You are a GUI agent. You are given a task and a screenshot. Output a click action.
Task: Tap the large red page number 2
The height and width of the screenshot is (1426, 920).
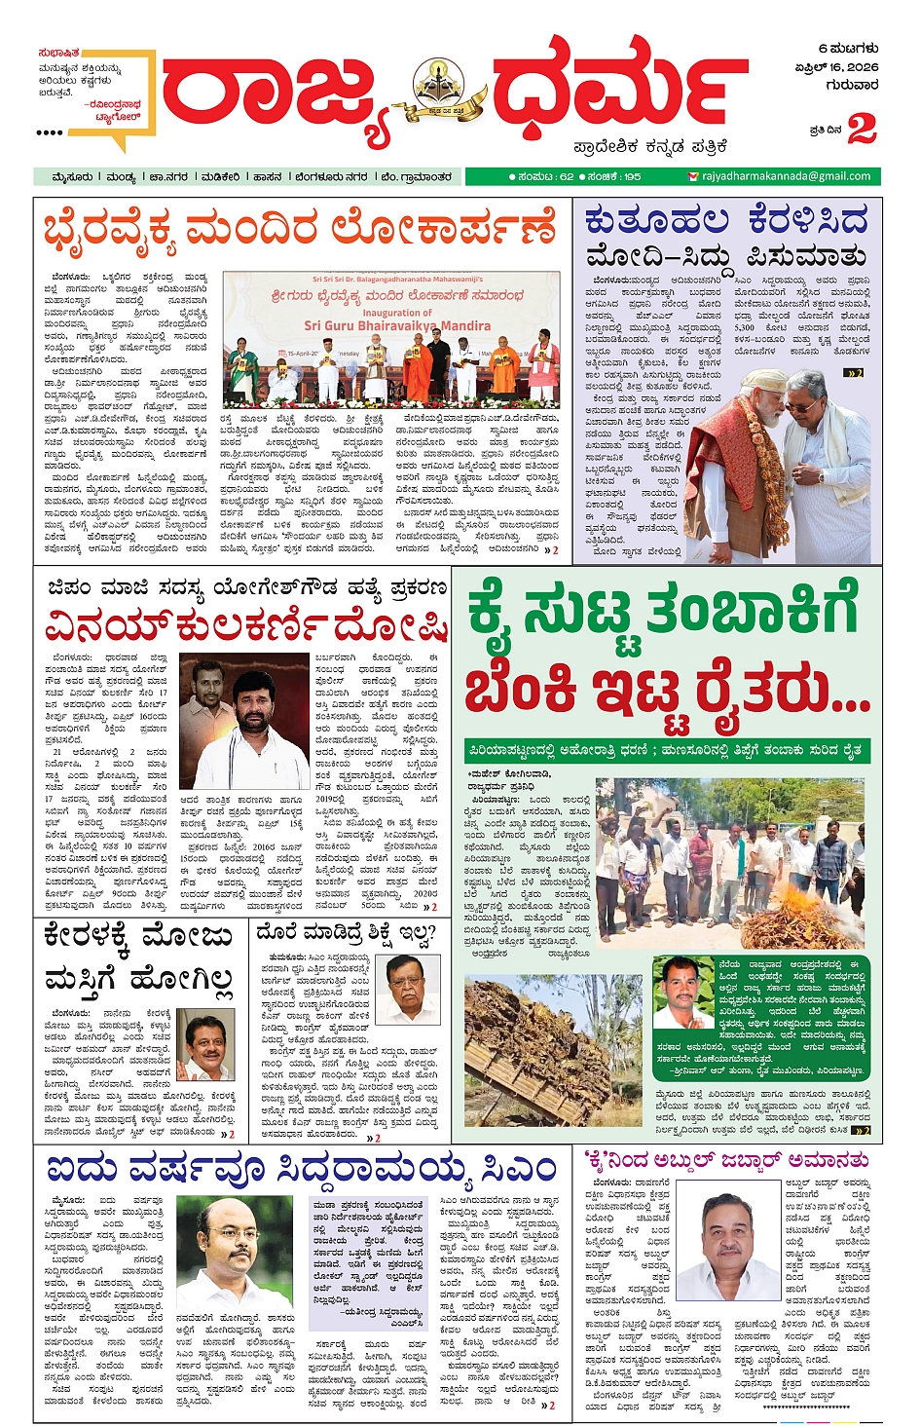click(x=862, y=129)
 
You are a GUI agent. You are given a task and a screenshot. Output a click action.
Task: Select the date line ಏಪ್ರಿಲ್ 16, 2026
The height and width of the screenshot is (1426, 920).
click(x=836, y=67)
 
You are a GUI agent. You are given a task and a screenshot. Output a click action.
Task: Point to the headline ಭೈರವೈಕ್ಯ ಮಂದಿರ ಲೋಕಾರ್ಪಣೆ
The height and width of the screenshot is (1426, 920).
click(x=300, y=231)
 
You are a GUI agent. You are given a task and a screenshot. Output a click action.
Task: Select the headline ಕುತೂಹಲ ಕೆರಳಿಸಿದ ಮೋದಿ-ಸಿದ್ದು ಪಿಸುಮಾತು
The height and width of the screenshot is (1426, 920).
click(x=726, y=238)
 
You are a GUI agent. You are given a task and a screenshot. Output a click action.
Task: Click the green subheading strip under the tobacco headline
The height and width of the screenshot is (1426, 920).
click(x=666, y=751)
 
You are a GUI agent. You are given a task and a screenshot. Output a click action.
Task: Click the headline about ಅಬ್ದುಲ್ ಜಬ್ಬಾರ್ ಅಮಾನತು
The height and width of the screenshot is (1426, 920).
click(x=726, y=1160)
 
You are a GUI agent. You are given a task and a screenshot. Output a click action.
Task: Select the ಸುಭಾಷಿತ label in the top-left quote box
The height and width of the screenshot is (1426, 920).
click(x=59, y=53)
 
